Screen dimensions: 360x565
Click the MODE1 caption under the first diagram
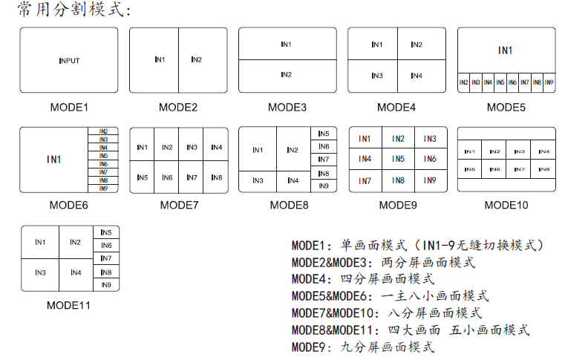click(69, 107)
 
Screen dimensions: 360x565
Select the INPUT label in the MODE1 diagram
click(69, 60)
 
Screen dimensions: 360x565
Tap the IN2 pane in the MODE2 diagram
click(196, 59)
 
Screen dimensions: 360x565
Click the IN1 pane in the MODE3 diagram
click(287, 45)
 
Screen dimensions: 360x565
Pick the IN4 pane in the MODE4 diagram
click(417, 76)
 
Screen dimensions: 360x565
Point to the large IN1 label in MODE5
click(506, 50)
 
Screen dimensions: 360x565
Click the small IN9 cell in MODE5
click(549, 82)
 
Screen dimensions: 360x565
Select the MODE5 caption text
click(506, 107)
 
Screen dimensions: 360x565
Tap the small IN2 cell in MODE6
click(103, 131)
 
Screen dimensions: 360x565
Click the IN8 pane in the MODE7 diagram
click(216, 177)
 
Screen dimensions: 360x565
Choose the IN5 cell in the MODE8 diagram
click(323, 134)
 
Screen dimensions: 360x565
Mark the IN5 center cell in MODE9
click(399, 159)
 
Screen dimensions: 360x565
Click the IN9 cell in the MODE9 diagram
click(430, 180)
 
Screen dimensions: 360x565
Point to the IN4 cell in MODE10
click(543, 152)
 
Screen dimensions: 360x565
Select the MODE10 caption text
click(506, 205)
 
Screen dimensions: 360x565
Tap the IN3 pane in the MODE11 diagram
click(40, 272)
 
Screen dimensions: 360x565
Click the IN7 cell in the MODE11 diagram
click(106, 258)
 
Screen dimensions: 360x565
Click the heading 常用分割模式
click(74, 11)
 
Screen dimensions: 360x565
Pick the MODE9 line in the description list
click(363, 347)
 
